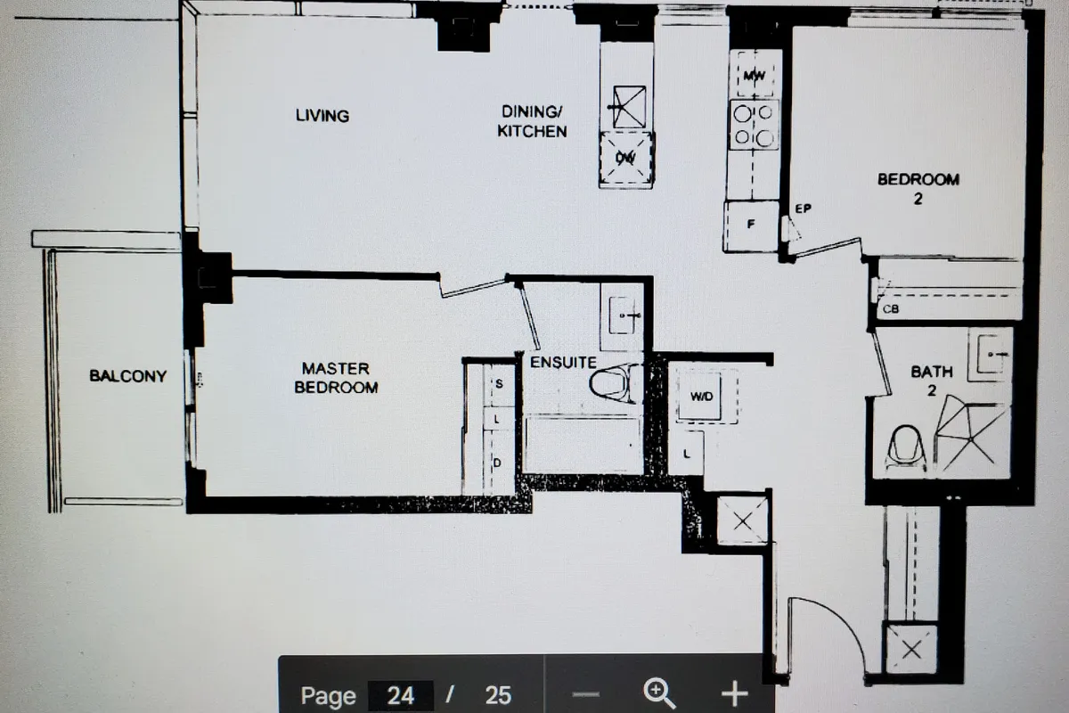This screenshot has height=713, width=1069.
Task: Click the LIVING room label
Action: click(x=322, y=116)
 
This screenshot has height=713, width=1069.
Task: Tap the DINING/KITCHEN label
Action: click(x=533, y=121)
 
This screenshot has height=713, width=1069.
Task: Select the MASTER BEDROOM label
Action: click(x=336, y=378)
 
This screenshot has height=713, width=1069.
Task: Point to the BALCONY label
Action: click(x=127, y=376)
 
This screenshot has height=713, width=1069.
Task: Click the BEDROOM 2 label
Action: click(x=918, y=188)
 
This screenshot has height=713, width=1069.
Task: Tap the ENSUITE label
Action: click(x=563, y=363)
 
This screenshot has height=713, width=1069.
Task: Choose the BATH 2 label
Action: click(x=932, y=380)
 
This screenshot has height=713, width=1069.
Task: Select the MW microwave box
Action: click(x=755, y=76)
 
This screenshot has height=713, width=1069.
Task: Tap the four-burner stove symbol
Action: click(x=754, y=125)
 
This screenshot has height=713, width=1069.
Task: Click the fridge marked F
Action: click(x=751, y=225)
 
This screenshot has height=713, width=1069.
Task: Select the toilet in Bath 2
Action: click(x=906, y=447)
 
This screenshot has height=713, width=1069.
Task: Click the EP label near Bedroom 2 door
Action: click(x=803, y=209)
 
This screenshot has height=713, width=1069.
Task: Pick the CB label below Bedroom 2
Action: click(x=890, y=309)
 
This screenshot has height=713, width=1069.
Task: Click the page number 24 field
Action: click(x=399, y=695)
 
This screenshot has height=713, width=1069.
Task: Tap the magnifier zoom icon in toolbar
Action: click(x=658, y=693)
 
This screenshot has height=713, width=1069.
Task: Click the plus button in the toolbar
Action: click(x=733, y=693)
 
